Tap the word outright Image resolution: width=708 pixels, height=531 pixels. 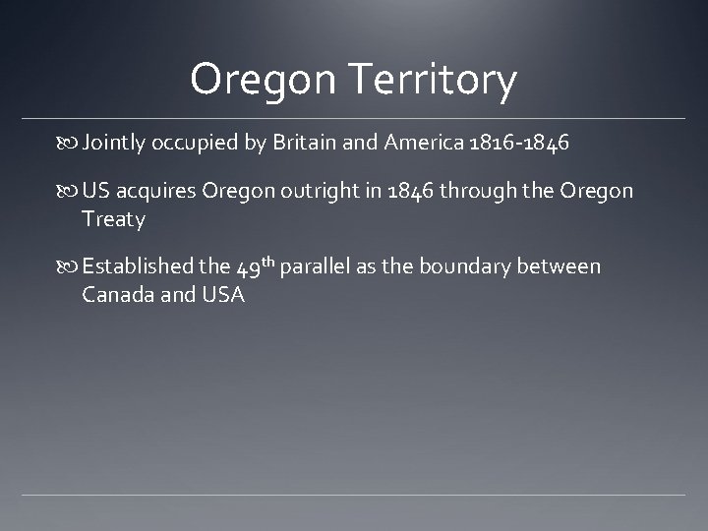click(x=322, y=191)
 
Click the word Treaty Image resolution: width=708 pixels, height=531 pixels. click(x=114, y=218)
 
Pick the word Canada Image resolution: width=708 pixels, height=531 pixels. click(x=117, y=294)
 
